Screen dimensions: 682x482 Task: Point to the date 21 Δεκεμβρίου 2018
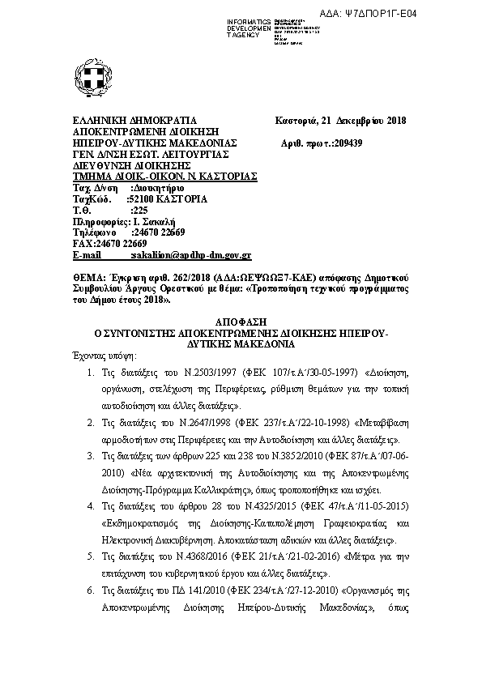coord(365,121)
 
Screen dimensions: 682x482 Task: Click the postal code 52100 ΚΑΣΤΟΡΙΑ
coord(168,198)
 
